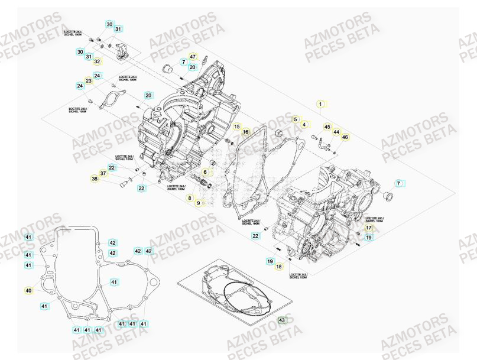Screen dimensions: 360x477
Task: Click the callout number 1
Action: (x=320, y=104)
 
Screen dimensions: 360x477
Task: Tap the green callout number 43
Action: (x=281, y=320)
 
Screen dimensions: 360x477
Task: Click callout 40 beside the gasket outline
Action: (x=28, y=290)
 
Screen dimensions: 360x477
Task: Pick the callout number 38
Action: (x=95, y=179)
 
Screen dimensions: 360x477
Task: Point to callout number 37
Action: (x=103, y=173)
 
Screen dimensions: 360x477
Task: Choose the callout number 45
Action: (x=327, y=127)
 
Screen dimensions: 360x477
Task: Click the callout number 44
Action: (x=336, y=132)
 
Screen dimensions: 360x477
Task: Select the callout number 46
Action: (x=345, y=137)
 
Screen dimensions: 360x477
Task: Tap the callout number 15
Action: (x=236, y=127)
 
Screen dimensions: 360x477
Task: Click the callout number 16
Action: (x=246, y=131)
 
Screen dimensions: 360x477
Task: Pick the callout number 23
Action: (x=89, y=80)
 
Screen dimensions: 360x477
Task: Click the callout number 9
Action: (x=199, y=203)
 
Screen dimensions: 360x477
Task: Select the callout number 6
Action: (x=206, y=172)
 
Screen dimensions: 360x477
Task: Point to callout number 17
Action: (x=368, y=228)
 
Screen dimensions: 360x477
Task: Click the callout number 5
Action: (x=295, y=119)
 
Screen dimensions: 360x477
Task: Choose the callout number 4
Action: (x=304, y=124)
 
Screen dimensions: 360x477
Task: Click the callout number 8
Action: (x=190, y=198)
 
